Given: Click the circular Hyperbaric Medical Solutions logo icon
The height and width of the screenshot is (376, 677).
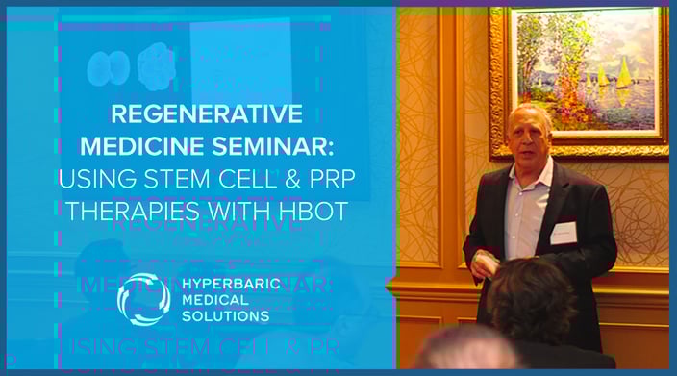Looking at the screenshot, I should point(143,299).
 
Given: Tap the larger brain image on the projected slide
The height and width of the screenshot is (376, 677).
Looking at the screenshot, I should point(155,66).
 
